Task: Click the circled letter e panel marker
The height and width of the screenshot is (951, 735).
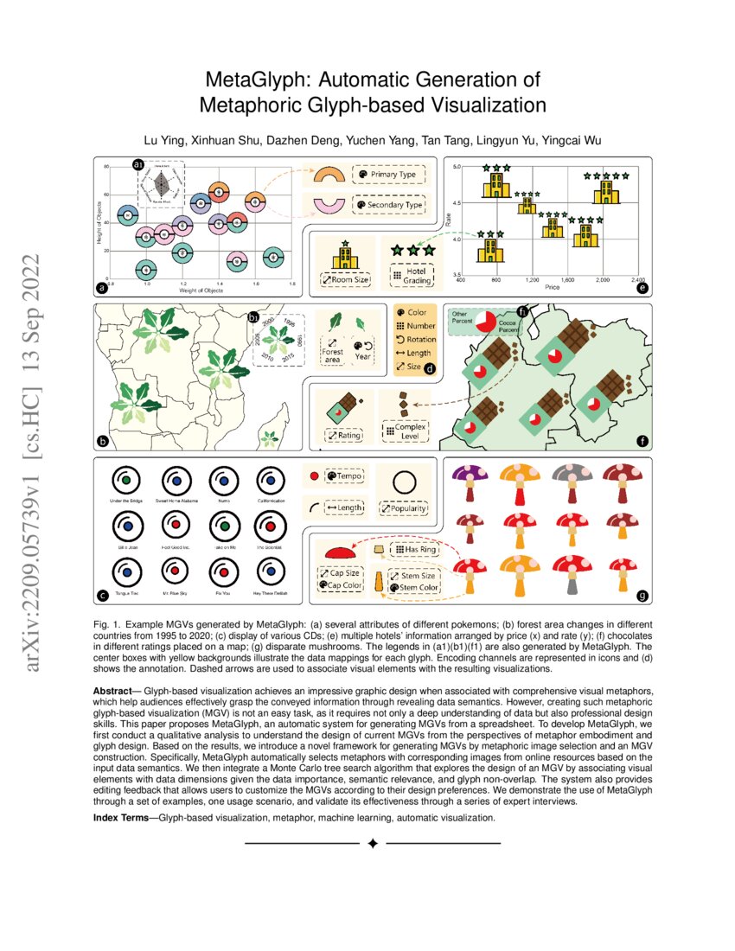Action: (642, 289)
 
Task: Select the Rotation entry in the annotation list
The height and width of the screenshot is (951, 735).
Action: (418, 339)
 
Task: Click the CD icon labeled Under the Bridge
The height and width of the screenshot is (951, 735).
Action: (126, 479)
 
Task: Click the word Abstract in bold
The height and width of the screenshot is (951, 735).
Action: (116, 691)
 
